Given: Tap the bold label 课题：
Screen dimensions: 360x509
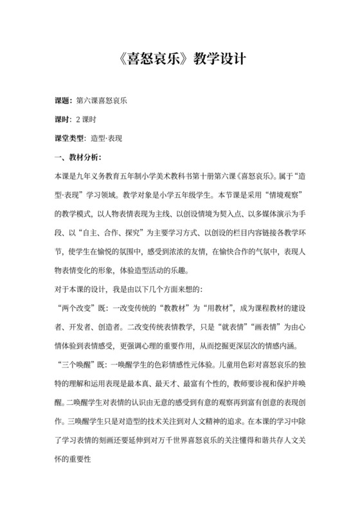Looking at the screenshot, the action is click(x=66, y=101).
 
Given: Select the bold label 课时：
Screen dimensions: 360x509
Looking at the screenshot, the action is click(x=66, y=120).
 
